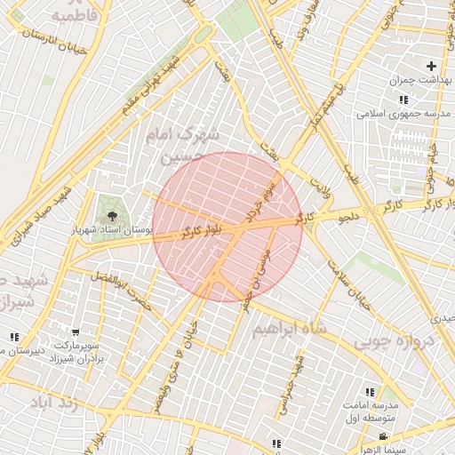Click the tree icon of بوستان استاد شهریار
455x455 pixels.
(112, 215)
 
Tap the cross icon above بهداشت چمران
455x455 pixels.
(431, 66)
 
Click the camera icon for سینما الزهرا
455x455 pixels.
(383, 436)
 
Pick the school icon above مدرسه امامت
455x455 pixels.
(369, 392)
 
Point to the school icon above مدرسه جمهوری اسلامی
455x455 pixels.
(403, 100)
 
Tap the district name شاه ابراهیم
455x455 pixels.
(290, 329)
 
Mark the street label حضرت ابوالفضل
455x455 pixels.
(122, 293)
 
